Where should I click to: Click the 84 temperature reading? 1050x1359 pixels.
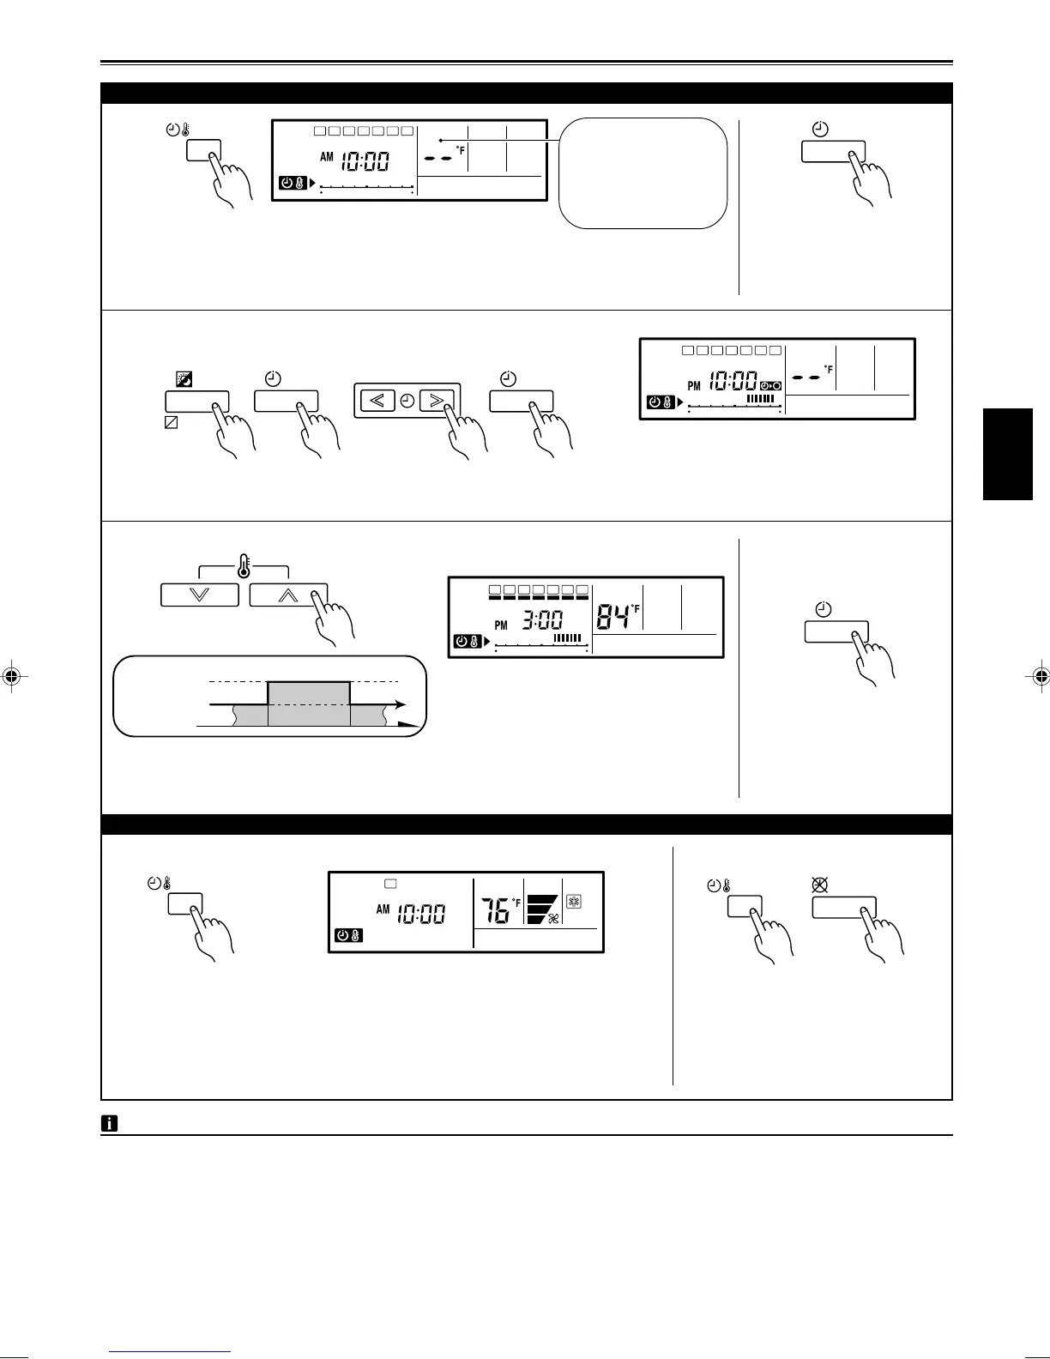(612, 615)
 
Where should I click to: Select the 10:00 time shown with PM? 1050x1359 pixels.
(733, 380)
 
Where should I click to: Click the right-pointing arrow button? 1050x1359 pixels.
(437, 401)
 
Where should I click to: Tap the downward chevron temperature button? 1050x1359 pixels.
(199, 595)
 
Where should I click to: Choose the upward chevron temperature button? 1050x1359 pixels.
(288, 595)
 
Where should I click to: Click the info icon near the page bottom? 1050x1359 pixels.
(110, 1122)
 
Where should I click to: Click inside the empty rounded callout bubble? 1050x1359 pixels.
(643, 173)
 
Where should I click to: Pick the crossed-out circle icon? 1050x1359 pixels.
(819, 885)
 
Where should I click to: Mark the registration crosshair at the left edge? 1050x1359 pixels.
(11, 675)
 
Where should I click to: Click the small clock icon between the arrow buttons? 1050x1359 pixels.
(407, 401)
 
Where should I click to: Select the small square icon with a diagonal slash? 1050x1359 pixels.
(171, 422)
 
